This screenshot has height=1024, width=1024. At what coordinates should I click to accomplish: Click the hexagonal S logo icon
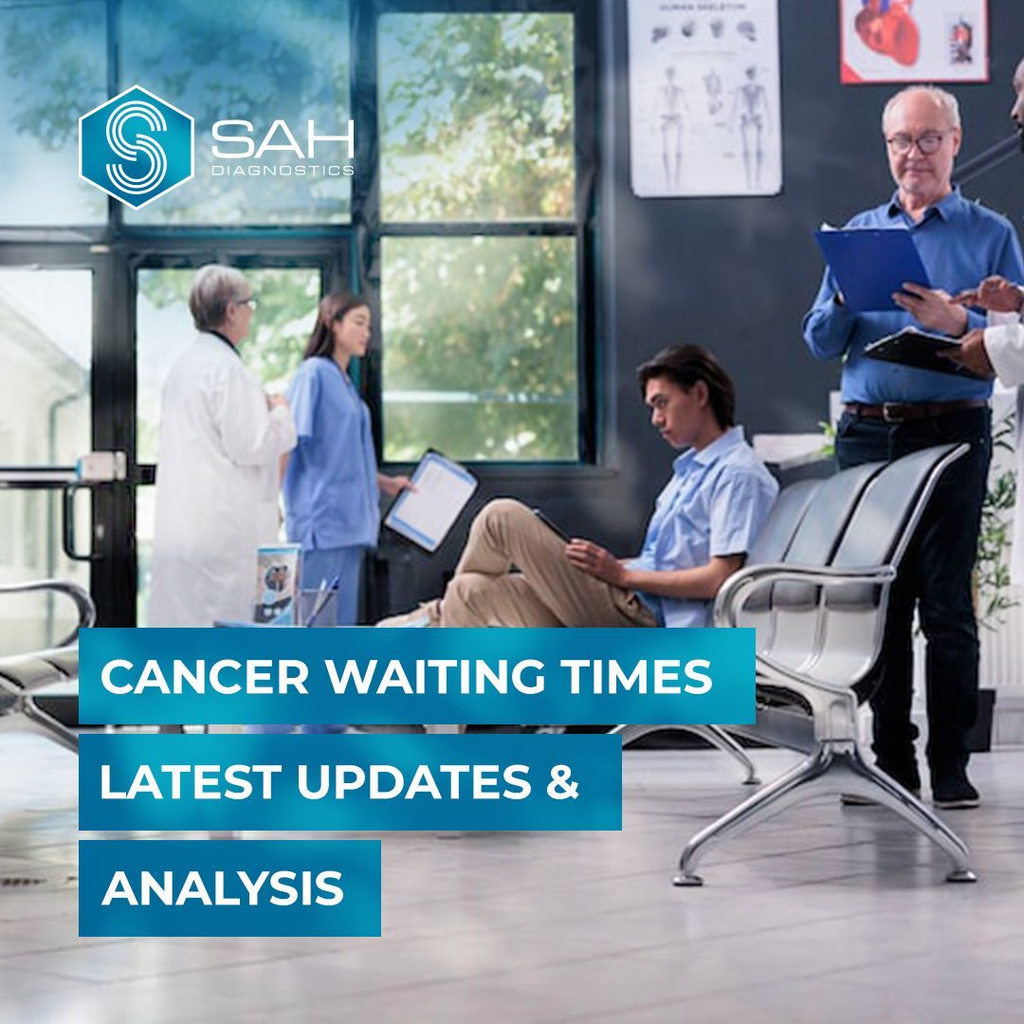(x=136, y=147)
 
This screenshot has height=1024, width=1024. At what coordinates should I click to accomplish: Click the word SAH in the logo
(x=282, y=140)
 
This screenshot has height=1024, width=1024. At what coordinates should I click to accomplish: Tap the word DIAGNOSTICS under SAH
(x=282, y=172)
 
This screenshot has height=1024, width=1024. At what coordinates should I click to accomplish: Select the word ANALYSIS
(x=222, y=888)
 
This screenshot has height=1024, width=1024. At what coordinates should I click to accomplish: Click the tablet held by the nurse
(x=431, y=500)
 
